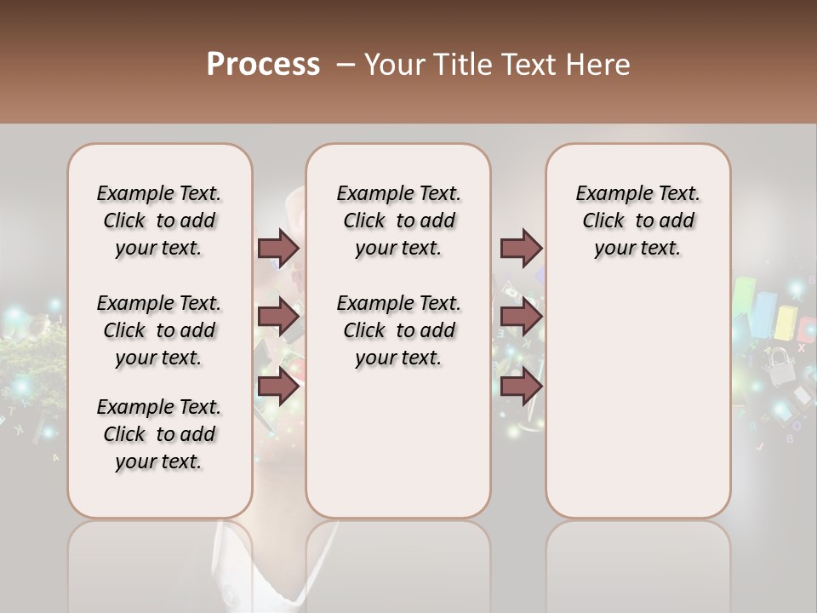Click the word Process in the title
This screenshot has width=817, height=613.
click(262, 65)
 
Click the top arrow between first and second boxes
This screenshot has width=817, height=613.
click(278, 248)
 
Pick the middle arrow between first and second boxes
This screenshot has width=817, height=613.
click(278, 318)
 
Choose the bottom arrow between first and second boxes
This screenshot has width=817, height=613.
click(278, 387)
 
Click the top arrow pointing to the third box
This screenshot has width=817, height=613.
click(521, 248)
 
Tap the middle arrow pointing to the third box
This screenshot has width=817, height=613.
click(521, 318)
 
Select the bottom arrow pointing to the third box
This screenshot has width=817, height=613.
click(521, 387)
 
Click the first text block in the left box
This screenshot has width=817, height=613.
click(159, 221)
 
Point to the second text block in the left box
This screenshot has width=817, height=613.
click(159, 330)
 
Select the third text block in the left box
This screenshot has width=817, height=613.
click(159, 434)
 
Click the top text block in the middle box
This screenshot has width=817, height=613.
click(398, 221)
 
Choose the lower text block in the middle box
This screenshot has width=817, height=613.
click(398, 330)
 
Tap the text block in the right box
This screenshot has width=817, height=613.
click(638, 221)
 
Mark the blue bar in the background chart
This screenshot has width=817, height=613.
click(765, 315)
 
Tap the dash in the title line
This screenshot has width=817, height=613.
click(345, 65)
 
